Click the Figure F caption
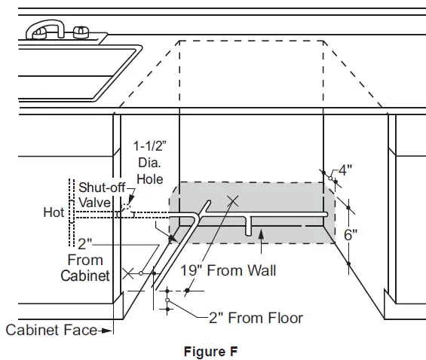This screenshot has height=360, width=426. (x=213, y=350)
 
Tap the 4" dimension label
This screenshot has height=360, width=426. (x=346, y=169)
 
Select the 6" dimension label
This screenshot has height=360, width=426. (x=350, y=234)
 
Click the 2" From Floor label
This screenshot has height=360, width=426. (x=256, y=317)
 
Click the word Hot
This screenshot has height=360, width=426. (x=54, y=213)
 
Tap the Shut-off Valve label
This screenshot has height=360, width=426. (x=97, y=194)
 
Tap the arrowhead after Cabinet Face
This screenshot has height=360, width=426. (x=109, y=329)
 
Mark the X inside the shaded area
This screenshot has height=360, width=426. (x=233, y=200)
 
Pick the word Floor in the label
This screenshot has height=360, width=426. (x=282, y=317)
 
